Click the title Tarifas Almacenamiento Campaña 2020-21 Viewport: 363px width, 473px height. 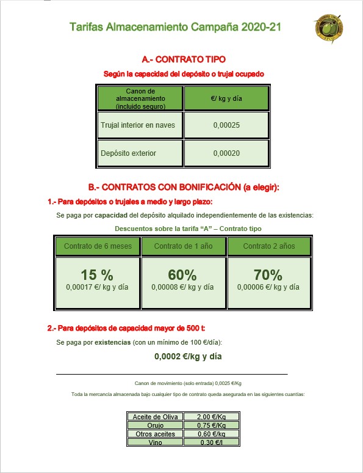pyautogui.click(x=176, y=28)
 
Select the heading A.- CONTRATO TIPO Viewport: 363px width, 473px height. pyautogui.click(x=183, y=60)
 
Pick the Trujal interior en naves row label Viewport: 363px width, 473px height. pyautogui.click(x=138, y=125)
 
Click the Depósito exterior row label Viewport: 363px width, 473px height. pyautogui.click(x=129, y=153)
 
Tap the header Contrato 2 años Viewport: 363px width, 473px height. pyautogui.click(x=268, y=246)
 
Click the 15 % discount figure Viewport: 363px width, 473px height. pyautogui.click(x=96, y=275)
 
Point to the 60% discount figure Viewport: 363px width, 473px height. pyautogui.click(x=182, y=275)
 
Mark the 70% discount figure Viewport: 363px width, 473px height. pyautogui.click(x=268, y=275)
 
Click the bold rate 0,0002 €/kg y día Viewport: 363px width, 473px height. pyautogui.click(x=187, y=356)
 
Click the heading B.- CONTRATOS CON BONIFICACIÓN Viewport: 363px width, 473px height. pyautogui.click(x=183, y=188)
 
